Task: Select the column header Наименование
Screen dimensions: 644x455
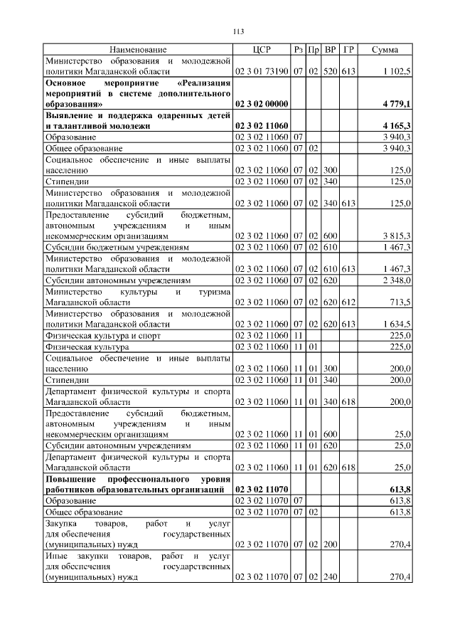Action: pyautogui.click(x=138, y=50)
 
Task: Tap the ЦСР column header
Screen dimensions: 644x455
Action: pyautogui.click(x=262, y=50)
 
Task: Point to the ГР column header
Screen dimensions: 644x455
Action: pyautogui.click(x=348, y=50)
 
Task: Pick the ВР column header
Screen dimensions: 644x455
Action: pyautogui.click(x=330, y=50)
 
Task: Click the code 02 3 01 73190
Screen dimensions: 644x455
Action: pyautogui.click(x=262, y=72)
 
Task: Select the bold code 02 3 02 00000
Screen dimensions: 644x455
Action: pyautogui.click(x=262, y=104)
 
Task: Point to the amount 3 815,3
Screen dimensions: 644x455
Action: pyautogui.click(x=397, y=236)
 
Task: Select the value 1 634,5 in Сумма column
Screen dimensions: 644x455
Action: pyautogui.click(x=397, y=323)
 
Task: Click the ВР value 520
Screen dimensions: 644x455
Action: pyautogui.click(x=330, y=72)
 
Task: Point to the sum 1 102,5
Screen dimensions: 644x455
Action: pyautogui.click(x=397, y=72)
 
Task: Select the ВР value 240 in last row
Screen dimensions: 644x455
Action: pyautogui.click(x=330, y=577)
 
